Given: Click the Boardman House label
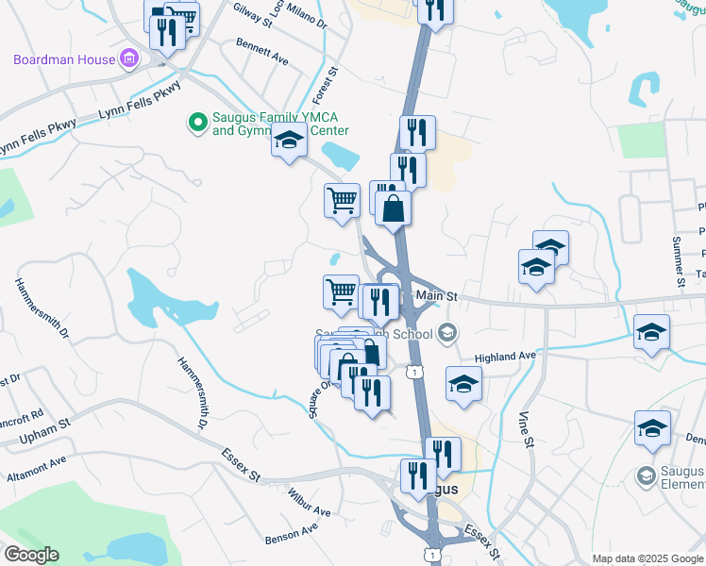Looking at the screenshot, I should coord(63,59).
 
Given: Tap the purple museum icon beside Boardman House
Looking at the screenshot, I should coord(130,60).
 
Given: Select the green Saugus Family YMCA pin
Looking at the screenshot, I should coord(197,122).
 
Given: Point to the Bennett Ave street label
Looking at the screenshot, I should coord(261,51).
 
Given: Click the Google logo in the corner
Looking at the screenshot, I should coord(31,555).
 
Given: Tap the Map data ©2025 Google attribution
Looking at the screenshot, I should coord(647,558).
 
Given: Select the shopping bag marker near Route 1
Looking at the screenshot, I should coord(394,208).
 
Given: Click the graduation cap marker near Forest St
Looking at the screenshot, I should coord(289,141).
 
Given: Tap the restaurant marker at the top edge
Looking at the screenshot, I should coord(435,9).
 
